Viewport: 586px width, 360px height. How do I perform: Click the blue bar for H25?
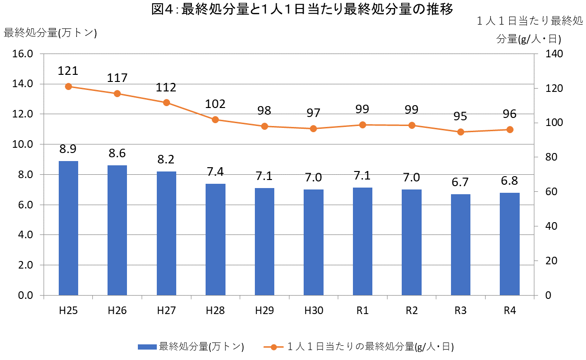tap(68, 228)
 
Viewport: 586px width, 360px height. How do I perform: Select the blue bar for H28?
tap(216, 239)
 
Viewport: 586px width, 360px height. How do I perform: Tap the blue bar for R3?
tap(460, 244)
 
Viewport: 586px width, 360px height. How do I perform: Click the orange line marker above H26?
tap(117, 93)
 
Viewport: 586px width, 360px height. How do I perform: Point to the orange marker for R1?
tap(363, 125)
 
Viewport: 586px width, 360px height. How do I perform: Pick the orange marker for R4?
tap(510, 129)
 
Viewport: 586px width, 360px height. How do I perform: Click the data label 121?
tap(68, 71)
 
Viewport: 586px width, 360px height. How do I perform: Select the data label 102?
tap(215, 104)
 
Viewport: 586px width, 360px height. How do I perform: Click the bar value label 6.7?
tap(460, 182)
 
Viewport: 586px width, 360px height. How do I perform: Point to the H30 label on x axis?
tap(313, 311)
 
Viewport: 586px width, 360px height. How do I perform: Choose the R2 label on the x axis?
tap(412, 311)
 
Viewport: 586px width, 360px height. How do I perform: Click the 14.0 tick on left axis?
tap(23, 84)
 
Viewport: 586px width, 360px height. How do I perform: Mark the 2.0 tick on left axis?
tap(23, 265)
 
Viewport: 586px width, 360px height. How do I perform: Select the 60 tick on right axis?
tap(551, 192)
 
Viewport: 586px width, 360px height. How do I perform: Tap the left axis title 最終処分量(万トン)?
tap(50, 33)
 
